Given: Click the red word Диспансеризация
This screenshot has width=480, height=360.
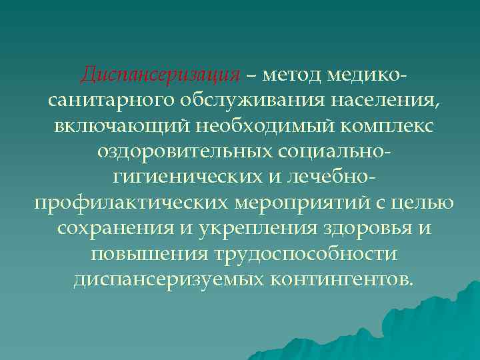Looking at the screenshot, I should [160, 75].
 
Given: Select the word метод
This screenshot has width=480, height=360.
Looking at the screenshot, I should [292, 75].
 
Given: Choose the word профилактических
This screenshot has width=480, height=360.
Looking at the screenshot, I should [129, 202].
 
